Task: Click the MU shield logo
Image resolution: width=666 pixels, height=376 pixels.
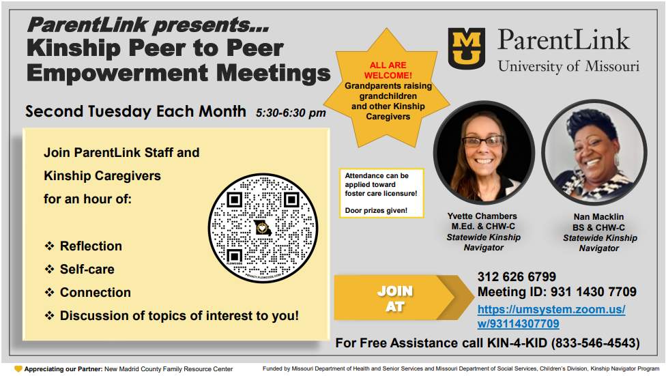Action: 466,48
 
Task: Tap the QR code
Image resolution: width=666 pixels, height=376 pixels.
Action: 263,228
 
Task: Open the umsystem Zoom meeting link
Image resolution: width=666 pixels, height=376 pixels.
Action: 551,317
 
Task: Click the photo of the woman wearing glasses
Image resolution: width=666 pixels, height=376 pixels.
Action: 484,153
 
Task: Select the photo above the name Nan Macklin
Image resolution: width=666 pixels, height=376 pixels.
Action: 594,153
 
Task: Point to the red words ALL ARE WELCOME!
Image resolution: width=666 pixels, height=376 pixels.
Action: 388,70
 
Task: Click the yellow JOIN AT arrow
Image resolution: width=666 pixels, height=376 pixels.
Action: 403,298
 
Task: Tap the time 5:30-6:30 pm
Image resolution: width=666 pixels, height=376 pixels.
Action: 291,113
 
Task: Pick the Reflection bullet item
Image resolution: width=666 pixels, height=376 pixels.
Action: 83,246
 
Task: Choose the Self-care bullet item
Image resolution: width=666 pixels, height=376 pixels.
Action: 79,270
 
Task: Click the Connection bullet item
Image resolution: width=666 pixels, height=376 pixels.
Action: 87,293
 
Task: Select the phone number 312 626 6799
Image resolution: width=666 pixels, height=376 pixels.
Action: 517,277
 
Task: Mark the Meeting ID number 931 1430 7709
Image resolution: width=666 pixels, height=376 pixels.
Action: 594,292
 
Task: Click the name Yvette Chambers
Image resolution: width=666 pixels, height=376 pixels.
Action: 482,216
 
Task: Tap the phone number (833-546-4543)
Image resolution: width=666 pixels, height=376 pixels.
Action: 596,343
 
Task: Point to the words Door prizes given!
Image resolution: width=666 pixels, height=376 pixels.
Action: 376,210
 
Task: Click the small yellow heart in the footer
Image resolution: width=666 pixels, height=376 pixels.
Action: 18,369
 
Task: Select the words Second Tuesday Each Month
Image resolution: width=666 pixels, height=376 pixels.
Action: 136,111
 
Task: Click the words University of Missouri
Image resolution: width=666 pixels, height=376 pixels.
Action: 568,66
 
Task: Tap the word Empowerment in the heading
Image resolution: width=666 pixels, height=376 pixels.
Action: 117,73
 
